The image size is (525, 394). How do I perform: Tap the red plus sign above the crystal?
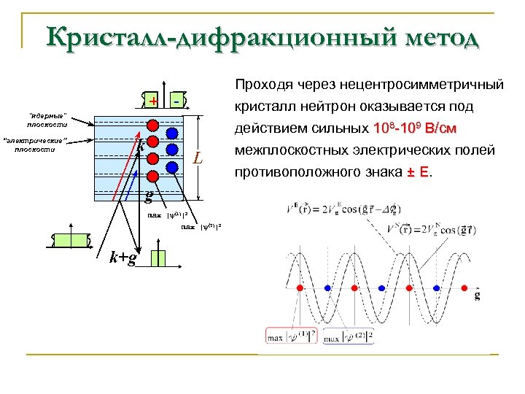click(x=153, y=101)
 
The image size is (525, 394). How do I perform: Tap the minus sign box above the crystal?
click(x=179, y=101)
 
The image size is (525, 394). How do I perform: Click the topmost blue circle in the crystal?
click(x=172, y=133)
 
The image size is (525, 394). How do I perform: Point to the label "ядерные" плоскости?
click(x=47, y=120)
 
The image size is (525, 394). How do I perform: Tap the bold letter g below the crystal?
click(x=149, y=196)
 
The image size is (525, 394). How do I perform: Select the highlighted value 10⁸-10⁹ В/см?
click(x=414, y=130)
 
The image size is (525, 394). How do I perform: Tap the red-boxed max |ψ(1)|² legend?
click(x=292, y=337)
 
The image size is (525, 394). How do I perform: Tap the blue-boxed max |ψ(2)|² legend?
click(x=350, y=337)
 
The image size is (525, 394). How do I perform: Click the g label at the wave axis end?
click(x=478, y=295)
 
